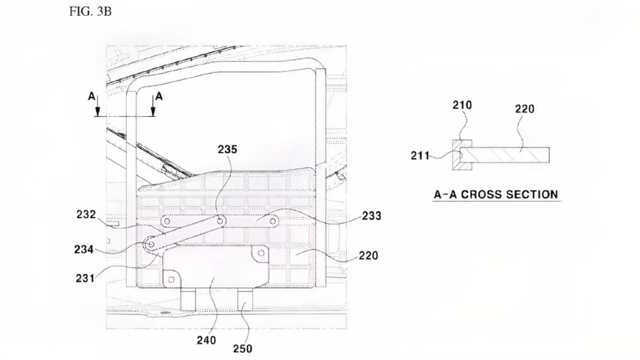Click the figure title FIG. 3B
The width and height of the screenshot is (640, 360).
click(90, 11)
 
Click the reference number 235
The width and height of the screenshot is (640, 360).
click(228, 149)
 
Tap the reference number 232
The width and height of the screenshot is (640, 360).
click(86, 214)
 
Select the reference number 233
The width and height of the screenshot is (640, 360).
click(371, 216)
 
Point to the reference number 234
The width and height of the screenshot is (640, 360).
click(84, 249)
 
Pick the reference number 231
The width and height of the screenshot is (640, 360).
click(85, 278)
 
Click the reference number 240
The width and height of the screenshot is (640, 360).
click(206, 340)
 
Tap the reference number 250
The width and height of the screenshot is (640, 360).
click(243, 349)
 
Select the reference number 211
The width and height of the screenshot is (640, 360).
click(420, 156)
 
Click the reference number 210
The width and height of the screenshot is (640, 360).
click(462, 105)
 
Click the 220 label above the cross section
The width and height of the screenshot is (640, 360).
click(525, 109)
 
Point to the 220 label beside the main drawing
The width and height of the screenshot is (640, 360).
click(368, 256)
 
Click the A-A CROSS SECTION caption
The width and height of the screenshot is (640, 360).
click(496, 195)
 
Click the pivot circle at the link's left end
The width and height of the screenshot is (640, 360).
click(151, 245)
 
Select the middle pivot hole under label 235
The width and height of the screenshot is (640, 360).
click(220, 221)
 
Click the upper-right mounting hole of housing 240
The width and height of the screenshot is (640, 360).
click(261, 253)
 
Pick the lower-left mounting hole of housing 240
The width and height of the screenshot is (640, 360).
click(171, 280)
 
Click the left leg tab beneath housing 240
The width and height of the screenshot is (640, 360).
click(188, 299)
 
